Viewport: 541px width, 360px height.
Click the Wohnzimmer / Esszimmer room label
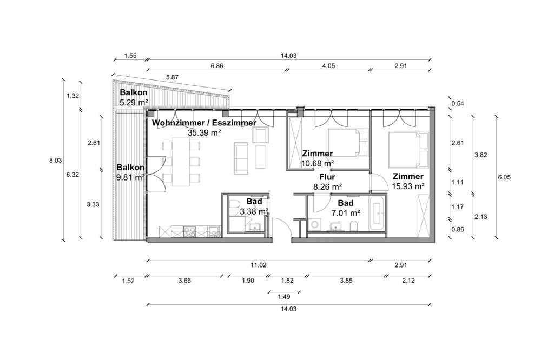[x=204, y=123]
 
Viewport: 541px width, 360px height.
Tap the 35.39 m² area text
[x=204, y=132]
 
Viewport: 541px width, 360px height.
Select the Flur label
[x=327, y=177]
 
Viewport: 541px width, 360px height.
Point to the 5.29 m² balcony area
[x=134, y=102]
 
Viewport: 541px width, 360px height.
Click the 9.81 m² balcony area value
[x=131, y=178]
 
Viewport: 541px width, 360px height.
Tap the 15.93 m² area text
[x=408, y=186]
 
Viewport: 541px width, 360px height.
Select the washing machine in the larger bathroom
[x=315, y=224]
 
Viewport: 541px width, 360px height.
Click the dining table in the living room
[x=181, y=162]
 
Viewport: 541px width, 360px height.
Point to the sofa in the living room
[x=241, y=158]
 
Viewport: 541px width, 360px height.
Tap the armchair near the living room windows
[x=261, y=135]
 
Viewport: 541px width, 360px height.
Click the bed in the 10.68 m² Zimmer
[x=348, y=143]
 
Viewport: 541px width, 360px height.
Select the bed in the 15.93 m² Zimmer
[x=408, y=149]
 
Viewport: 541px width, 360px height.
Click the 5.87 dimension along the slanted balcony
[x=172, y=77]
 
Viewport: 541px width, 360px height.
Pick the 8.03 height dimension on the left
[x=55, y=161]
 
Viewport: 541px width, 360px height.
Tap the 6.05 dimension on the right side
[x=504, y=177]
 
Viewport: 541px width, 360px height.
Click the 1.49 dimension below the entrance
[x=283, y=297]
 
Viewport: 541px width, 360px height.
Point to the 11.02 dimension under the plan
[x=258, y=265]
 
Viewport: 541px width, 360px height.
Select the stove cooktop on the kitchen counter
[x=189, y=231]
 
